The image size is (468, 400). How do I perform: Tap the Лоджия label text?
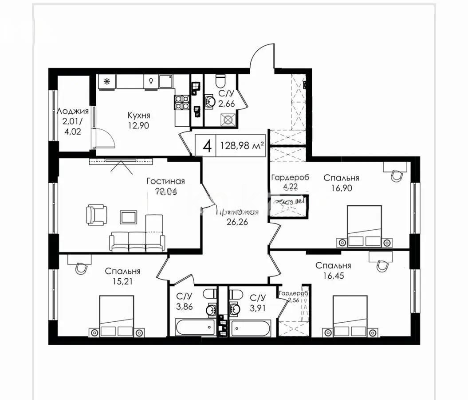click(73, 111)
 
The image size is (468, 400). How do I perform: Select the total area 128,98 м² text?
click(240, 145)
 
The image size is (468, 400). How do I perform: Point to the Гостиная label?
click(165, 181)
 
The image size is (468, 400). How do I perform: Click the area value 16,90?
click(341, 188)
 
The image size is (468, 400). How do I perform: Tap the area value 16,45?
click(333, 276)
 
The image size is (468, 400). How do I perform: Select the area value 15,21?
click(123, 281)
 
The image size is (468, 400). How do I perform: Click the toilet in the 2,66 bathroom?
click(220, 81)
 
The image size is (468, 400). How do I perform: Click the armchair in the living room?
click(97, 215)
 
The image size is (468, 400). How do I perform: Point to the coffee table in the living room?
click(128, 217)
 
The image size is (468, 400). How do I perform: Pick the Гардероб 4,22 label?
click(290, 182)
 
